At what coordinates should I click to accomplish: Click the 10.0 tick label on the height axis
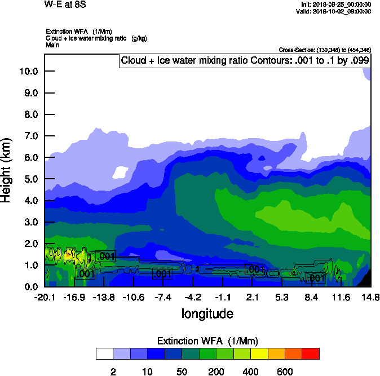click(x=28, y=71)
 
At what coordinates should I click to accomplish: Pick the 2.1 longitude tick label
click(x=252, y=297)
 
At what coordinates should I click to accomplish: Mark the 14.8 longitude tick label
click(x=370, y=297)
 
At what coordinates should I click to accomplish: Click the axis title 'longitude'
click(x=207, y=313)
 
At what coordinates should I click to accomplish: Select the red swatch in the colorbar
click(x=310, y=354)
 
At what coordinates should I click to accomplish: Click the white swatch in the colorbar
click(x=105, y=354)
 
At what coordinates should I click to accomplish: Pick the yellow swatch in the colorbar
click(x=259, y=354)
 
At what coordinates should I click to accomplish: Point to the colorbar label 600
click(x=285, y=371)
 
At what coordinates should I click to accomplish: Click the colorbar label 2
click(x=113, y=371)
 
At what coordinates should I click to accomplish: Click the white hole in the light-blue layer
click(x=121, y=171)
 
